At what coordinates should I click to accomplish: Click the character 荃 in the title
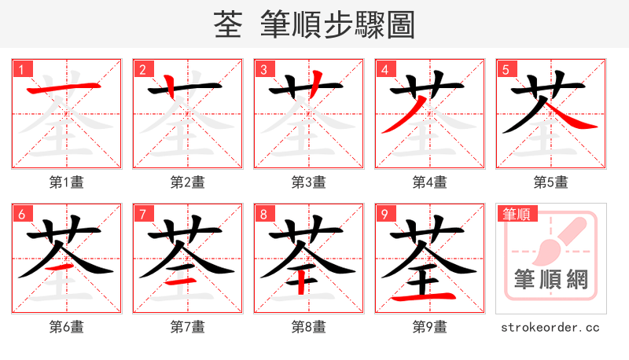(227, 25)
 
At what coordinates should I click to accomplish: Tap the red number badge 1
(21, 70)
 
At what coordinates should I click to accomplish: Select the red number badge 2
(142, 70)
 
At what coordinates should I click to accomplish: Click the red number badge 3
(263, 70)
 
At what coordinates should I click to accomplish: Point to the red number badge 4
(384, 70)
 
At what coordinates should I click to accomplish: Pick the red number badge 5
(506, 70)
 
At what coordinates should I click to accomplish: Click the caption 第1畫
(66, 182)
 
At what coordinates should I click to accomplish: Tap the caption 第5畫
(550, 182)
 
